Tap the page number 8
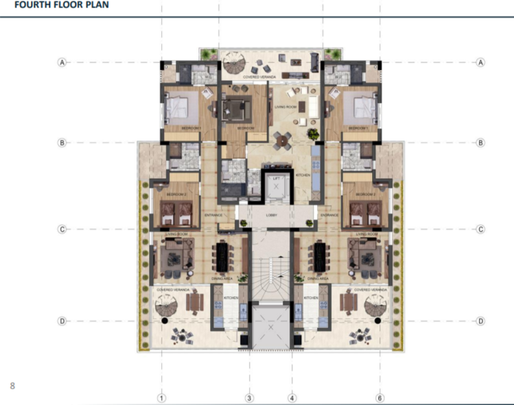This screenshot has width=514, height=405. click(12, 386)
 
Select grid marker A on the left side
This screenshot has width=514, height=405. click(62, 62)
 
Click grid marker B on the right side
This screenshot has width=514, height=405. click(480, 143)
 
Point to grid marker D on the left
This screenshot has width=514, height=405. click(62, 321)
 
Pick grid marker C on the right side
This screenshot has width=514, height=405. click(480, 229)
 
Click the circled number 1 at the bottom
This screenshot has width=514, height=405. click(162, 397)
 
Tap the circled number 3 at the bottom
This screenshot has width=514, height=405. click(250, 397)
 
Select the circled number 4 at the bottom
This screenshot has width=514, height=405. click(292, 397)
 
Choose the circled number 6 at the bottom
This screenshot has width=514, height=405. click(379, 397)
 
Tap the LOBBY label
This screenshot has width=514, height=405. click(270, 214)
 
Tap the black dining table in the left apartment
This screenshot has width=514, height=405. click(223, 258)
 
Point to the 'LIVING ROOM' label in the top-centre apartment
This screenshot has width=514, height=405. click(284, 107)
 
